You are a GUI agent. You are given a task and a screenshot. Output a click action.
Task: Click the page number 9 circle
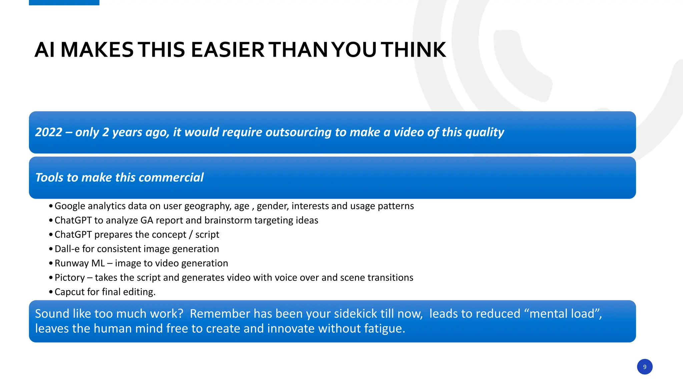click(x=644, y=367)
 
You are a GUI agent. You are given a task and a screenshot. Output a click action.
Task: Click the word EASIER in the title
click(x=227, y=50)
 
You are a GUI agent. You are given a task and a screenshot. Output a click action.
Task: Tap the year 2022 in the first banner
click(x=49, y=132)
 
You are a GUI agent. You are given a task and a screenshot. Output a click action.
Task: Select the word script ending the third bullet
click(x=207, y=235)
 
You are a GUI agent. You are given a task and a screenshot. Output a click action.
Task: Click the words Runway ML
click(x=80, y=263)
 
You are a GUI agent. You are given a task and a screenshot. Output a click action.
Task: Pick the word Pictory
click(x=70, y=278)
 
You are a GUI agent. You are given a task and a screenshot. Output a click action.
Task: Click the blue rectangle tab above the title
click(x=64, y=2)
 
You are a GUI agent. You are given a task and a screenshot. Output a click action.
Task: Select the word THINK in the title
click(x=413, y=50)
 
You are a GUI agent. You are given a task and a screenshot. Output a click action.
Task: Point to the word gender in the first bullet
click(x=272, y=206)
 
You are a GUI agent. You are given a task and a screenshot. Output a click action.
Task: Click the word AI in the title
click(x=45, y=50)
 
